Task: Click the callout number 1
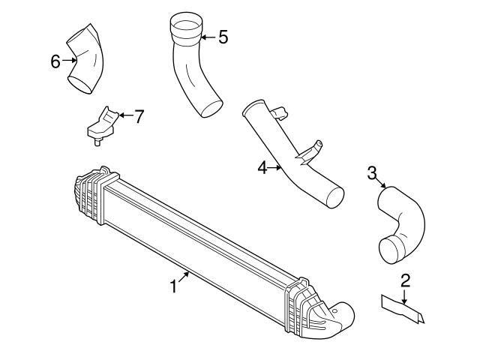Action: coord(173,286)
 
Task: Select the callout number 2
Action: coord(405,281)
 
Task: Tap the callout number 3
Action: coord(372,173)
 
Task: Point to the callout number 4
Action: coord(262,169)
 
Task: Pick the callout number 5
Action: coord(223,37)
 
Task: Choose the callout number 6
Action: coord(55,61)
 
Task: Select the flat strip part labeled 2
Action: coord(401,307)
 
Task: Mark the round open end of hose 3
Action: coord(391,248)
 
